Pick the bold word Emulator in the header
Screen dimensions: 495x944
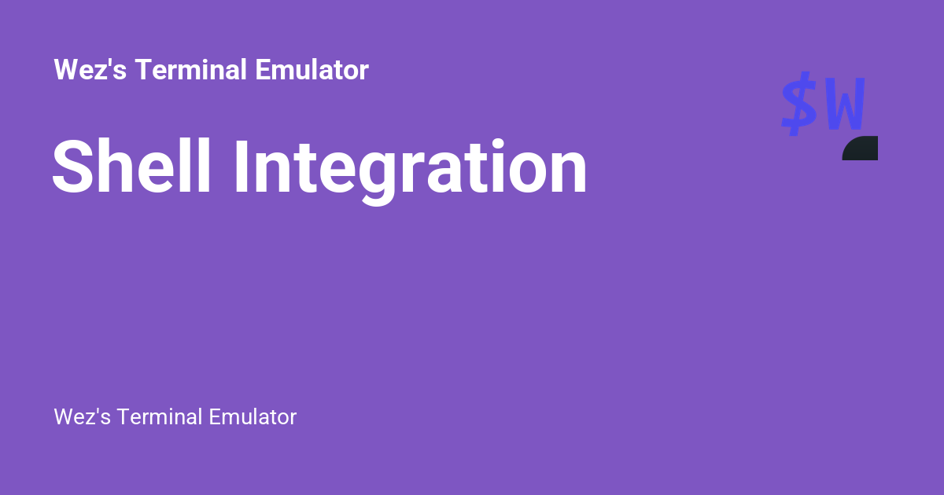[x=312, y=70]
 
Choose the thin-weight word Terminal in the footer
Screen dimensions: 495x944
[x=160, y=417]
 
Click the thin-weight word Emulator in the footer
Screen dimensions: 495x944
[x=253, y=417]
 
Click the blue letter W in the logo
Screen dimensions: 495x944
[x=845, y=105]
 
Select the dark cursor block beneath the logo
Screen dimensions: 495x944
[x=861, y=148]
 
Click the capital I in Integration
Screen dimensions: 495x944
[x=242, y=167]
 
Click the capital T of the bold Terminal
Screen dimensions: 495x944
[x=142, y=70]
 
